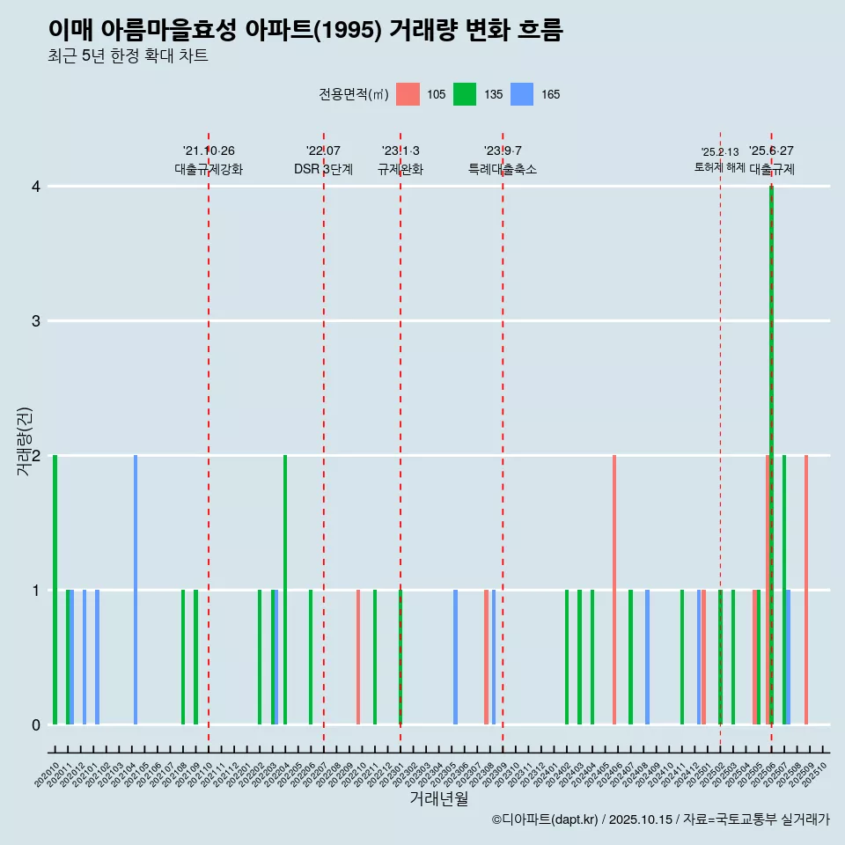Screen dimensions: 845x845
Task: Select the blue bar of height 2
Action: click(x=136, y=590)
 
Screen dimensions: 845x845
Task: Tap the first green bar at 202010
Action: click(x=55, y=590)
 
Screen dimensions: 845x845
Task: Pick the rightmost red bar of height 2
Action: click(x=806, y=590)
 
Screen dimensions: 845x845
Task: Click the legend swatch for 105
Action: click(x=408, y=94)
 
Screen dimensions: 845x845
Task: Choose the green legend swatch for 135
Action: click(x=465, y=94)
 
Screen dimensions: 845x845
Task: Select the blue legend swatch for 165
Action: click(x=522, y=94)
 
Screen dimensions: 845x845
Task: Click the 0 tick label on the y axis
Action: click(x=36, y=724)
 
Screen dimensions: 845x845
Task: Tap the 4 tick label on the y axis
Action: click(x=36, y=186)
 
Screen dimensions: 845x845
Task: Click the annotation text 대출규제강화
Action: click(x=209, y=169)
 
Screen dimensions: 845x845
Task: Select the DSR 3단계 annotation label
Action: click(x=324, y=169)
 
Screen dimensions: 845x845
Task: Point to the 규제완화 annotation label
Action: click(x=400, y=169)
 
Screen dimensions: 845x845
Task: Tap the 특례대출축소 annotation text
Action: click(x=503, y=169)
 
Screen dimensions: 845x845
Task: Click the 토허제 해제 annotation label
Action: click(x=720, y=167)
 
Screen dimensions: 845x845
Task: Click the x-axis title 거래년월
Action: click(x=438, y=798)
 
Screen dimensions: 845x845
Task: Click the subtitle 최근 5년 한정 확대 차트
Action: click(x=128, y=56)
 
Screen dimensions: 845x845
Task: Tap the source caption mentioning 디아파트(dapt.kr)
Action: click(x=660, y=819)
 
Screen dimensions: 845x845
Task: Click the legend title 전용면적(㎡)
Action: click(x=354, y=94)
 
